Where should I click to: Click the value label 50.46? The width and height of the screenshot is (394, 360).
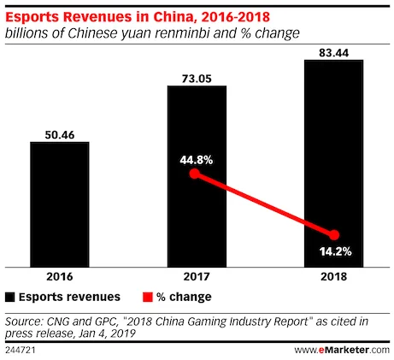[x=59, y=133]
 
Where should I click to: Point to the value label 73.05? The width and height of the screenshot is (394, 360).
[x=197, y=76]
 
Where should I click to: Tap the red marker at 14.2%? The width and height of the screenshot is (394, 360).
[x=334, y=235]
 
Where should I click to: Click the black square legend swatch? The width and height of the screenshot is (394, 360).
[x=10, y=298]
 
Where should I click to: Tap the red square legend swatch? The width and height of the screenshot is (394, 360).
[x=147, y=298]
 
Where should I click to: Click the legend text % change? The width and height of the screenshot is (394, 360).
[x=185, y=298]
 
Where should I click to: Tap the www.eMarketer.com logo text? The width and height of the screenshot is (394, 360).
[x=341, y=351]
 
